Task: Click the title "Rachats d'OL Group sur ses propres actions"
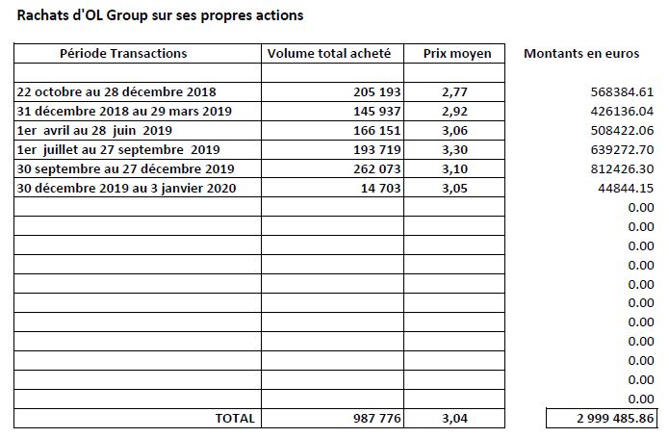point(160,15)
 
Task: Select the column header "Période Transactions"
point(123,53)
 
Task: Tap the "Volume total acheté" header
point(329,53)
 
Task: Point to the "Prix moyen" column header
point(457,54)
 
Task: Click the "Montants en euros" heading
point(581,53)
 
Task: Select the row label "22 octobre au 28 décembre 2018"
point(116,91)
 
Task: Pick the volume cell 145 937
point(377,112)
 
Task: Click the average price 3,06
point(454,131)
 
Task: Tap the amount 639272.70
point(622,150)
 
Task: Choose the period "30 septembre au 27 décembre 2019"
point(125,168)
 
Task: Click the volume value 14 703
point(381,188)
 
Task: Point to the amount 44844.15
point(626,188)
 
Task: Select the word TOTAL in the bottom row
point(235,419)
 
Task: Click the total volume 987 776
point(377,419)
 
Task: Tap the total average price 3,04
point(454,419)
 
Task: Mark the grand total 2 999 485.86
point(615,419)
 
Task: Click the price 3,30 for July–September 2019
point(454,150)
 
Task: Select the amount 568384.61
point(622,91)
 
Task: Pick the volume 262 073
point(377,168)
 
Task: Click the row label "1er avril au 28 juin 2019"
point(94,131)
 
